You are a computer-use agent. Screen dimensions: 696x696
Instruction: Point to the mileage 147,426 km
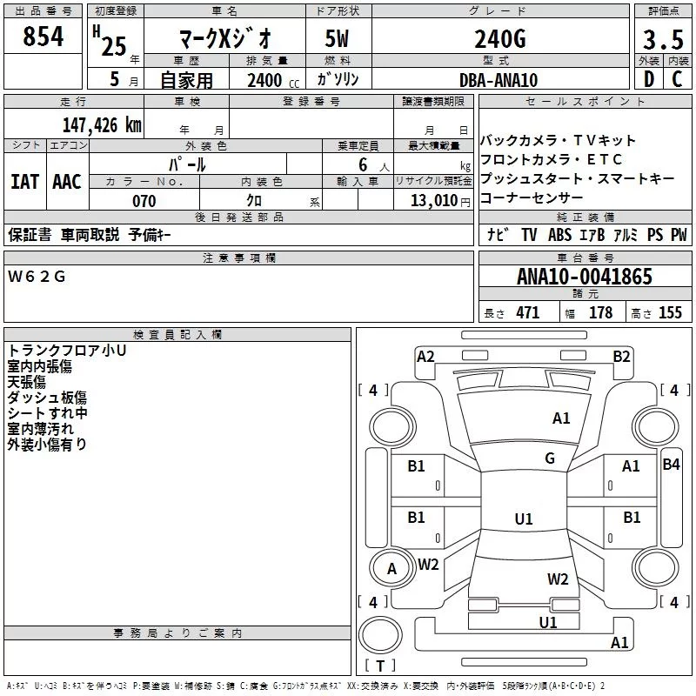[101, 124]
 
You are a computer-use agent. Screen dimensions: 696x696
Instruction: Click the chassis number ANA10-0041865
[584, 278]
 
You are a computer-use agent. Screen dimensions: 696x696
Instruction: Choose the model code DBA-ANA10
[499, 80]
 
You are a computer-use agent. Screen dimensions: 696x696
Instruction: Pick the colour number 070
[144, 201]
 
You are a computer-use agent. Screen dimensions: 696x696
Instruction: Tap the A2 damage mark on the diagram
[425, 356]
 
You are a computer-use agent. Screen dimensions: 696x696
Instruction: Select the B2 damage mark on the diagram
[621, 356]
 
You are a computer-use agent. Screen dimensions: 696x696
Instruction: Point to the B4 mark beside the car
[671, 465]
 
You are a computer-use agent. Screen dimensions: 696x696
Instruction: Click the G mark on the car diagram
[550, 458]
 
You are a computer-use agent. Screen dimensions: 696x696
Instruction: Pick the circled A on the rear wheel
[391, 569]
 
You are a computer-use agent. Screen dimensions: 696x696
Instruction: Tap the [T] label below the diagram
[379, 666]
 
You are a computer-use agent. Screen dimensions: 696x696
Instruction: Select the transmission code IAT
[24, 182]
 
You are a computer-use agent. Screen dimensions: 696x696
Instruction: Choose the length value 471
[527, 313]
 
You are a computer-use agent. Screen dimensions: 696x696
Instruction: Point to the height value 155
[670, 313]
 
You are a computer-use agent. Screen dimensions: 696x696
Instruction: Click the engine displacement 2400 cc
[268, 80]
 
